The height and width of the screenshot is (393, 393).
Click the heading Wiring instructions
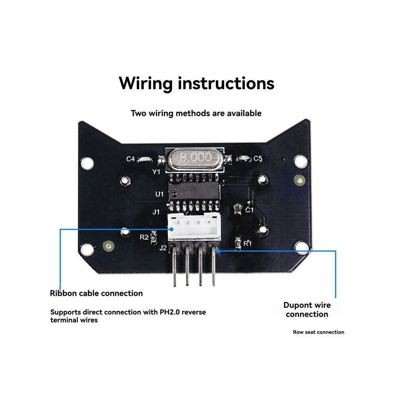click(196, 83)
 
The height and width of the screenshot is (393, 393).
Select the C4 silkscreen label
click(131, 159)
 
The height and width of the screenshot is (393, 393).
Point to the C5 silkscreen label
click(258, 158)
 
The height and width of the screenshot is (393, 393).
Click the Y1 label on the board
click(156, 171)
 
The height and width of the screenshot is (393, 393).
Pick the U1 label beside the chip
click(160, 194)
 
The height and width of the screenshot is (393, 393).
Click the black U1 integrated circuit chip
click(193, 191)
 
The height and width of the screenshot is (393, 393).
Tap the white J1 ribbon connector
click(194, 226)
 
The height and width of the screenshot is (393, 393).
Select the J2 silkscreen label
click(163, 248)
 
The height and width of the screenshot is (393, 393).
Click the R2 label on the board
click(144, 237)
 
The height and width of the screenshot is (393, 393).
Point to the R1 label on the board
click(247, 243)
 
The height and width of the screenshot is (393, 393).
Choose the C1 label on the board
click(249, 210)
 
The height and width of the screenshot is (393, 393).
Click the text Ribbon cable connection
click(96, 293)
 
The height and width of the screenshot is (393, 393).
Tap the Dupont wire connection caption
click(307, 310)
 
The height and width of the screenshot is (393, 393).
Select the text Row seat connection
click(318, 332)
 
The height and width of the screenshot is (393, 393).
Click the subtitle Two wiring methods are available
click(196, 113)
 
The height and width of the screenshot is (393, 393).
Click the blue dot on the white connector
click(171, 229)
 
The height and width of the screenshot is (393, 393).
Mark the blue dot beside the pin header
click(218, 250)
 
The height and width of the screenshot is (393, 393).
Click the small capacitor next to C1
click(237, 209)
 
